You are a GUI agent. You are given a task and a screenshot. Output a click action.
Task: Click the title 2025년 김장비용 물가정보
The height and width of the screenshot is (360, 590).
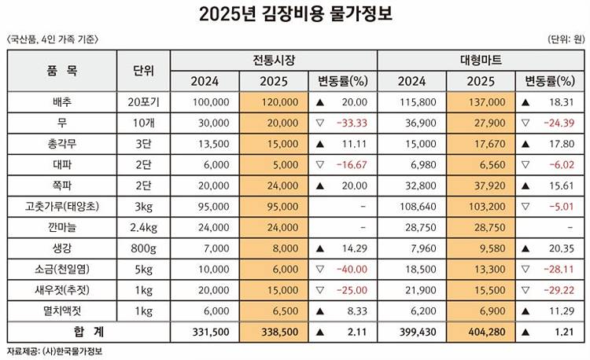(x=295, y=15)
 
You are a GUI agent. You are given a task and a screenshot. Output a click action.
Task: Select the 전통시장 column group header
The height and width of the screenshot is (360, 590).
(x=274, y=61)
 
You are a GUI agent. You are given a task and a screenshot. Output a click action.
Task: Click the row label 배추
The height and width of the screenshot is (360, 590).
(x=61, y=102)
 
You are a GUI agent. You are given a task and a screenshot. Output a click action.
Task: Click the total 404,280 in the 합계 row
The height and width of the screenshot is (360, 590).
(x=484, y=333)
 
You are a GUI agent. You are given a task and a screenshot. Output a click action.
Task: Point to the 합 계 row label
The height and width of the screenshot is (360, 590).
(x=61, y=333)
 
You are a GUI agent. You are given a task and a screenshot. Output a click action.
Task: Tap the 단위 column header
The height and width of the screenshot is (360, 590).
(x=143, y=71)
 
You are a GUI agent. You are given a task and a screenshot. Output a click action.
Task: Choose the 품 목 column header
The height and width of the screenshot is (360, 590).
(x=61, y=71)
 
